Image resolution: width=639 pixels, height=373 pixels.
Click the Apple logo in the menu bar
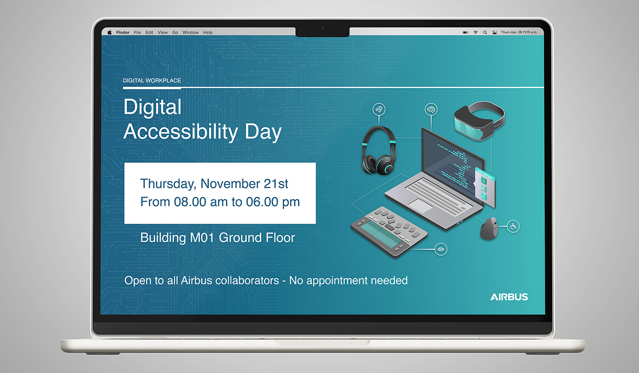coord(109,32)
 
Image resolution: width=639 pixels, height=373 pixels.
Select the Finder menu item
coord(123,32)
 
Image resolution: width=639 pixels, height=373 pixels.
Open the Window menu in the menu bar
coord(191,32)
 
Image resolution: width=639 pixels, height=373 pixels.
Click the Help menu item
coord(208,32)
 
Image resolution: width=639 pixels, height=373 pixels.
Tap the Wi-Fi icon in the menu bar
coord(476,32)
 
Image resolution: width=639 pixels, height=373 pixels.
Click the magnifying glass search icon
coord(485,32)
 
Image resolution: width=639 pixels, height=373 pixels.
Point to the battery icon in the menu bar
coord(466,32)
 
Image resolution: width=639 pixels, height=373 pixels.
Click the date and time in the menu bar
coord(519,32)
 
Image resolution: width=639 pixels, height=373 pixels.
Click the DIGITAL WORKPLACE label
coord(152,80)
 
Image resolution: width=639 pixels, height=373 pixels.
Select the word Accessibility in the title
coord(181,132)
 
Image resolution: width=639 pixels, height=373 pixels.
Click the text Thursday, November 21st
coord(214,184)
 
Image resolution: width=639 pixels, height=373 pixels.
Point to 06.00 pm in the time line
coord(273,202)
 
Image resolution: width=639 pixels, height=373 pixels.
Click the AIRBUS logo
coord(509,297)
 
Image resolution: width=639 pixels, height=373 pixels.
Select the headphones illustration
coord(378,151)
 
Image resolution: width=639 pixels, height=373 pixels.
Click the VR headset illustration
coord(480,121)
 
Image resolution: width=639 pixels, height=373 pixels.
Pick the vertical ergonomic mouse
coord(489,228)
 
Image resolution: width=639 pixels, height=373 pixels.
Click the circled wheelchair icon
coord(513,226)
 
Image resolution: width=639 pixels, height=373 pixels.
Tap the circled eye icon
coord(441,250)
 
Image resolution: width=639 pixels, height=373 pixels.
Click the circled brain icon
coord(431,109)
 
